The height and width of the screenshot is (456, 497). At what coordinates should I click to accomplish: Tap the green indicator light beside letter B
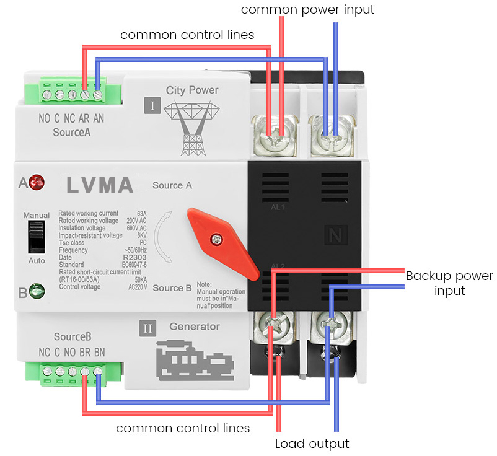(37, 290)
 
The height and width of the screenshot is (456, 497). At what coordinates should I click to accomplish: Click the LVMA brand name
(99, 185)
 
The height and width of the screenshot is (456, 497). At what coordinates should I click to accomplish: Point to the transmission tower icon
(192, 127)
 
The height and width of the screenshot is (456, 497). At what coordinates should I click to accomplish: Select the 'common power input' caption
(307, 10)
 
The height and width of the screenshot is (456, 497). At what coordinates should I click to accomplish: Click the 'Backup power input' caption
(449, 283)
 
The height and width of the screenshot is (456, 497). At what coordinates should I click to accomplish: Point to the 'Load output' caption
(312, 444)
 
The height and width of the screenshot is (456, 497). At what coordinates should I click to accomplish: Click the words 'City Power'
(192, 90)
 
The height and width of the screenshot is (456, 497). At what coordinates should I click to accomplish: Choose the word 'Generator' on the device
(195, 327)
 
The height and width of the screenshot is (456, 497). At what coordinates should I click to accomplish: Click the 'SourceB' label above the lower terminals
(73, 337)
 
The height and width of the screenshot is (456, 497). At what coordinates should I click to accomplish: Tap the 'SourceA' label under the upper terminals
(72, 132)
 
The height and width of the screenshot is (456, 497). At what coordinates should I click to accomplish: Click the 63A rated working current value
(141, 213)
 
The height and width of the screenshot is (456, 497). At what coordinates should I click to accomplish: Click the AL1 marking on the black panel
(278, 207)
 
